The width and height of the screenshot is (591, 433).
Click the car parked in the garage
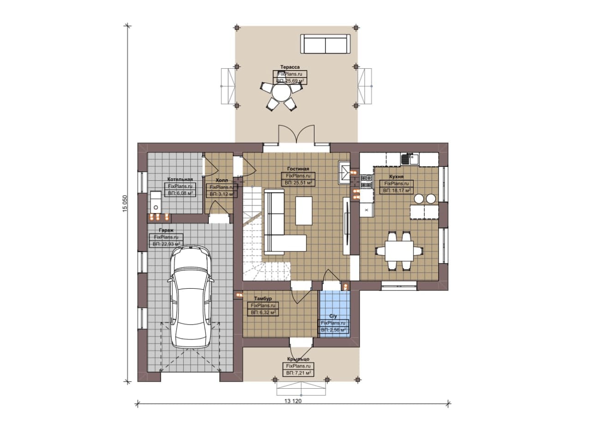tap(191, 298)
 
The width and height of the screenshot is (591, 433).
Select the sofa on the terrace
tap(326, 44)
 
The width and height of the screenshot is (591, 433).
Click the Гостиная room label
tap(298, 169)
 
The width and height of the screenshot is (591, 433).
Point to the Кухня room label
tap(396, 177)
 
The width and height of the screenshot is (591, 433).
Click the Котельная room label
tap(180, 179)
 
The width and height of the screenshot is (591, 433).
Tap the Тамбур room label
tap(263, 299)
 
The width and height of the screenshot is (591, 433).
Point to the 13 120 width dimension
tap(293, 401)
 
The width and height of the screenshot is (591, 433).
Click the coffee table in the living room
tap(304, 211)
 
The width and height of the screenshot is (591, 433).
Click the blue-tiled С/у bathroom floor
tap(335, 314)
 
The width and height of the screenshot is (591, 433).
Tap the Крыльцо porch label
tap(298, 359)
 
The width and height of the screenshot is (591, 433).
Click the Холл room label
tap(222, 180)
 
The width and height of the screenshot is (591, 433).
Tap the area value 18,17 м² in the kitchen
tap(397, 190)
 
